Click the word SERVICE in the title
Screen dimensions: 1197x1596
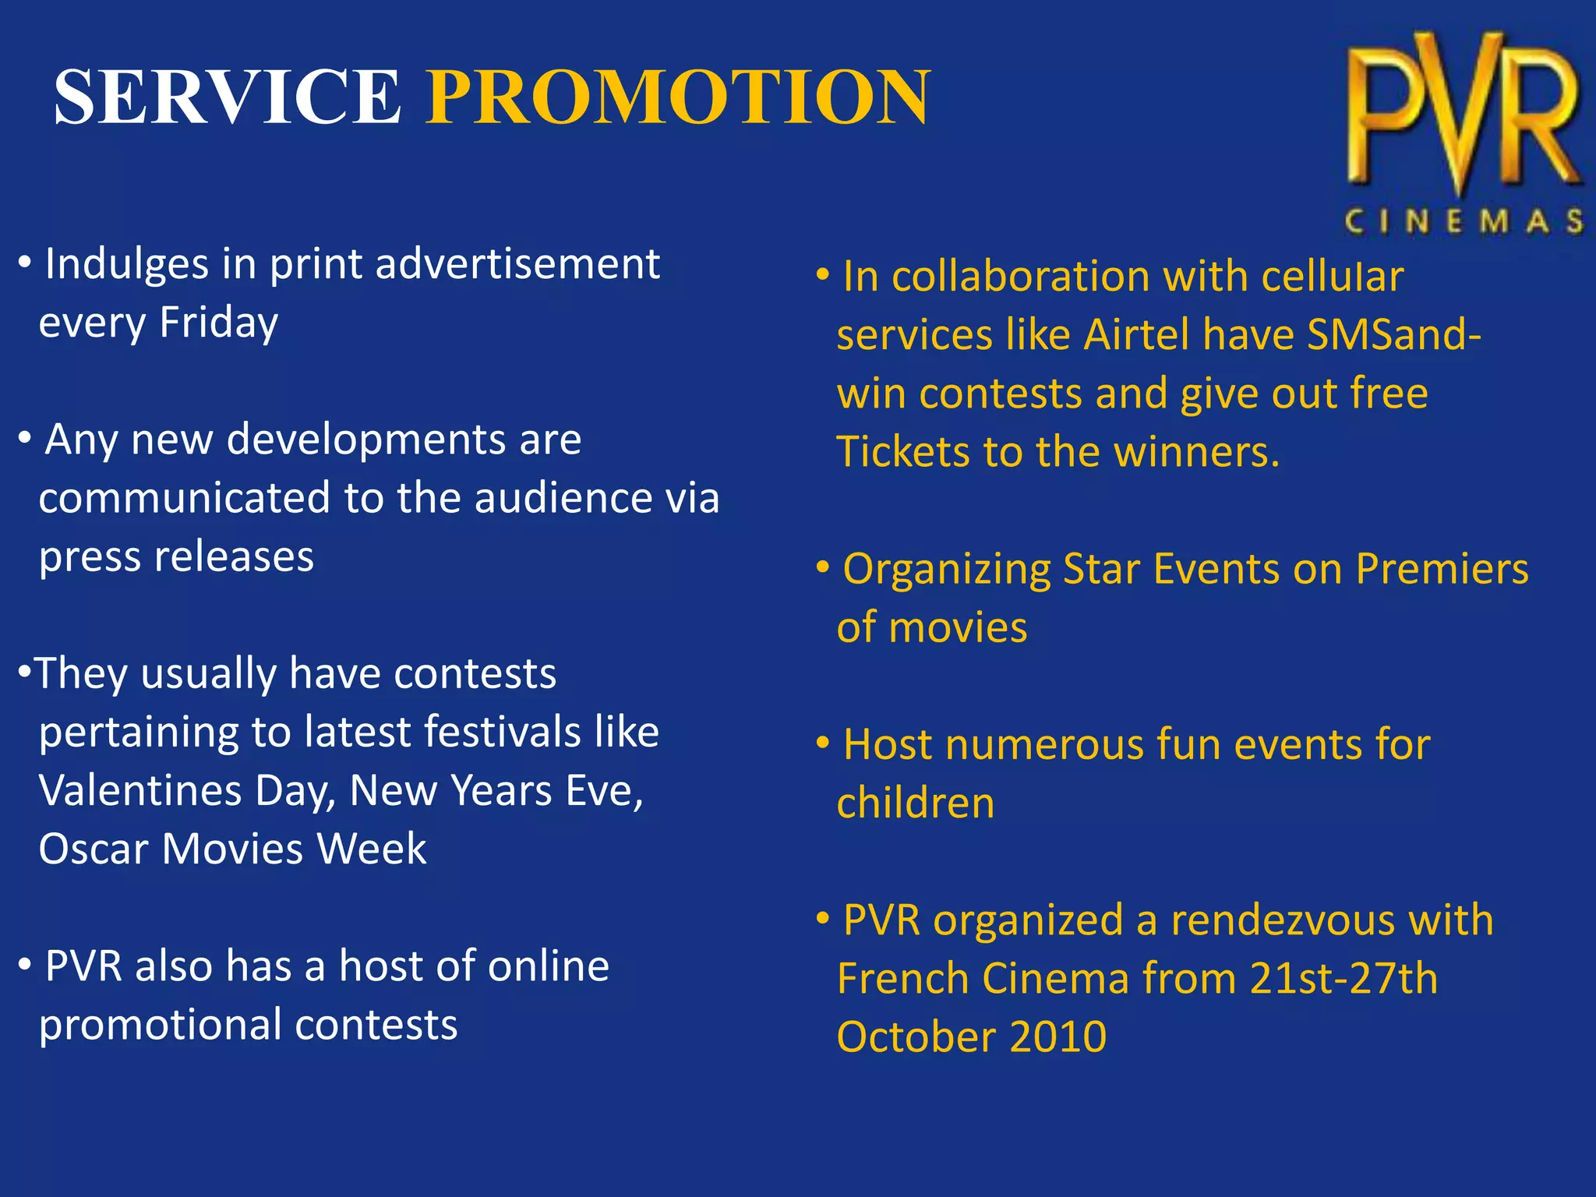(x=227, y=97)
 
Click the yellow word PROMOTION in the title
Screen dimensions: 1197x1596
(x=678, y=97)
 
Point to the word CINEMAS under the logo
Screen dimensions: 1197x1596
(x=1464, y=222)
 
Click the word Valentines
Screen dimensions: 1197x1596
(x=140, y=791)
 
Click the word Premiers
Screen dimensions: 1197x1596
(x=1442, y=569)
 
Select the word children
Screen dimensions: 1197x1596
(x=916, y=803)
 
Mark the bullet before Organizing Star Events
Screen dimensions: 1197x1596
(x=822, y=568)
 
